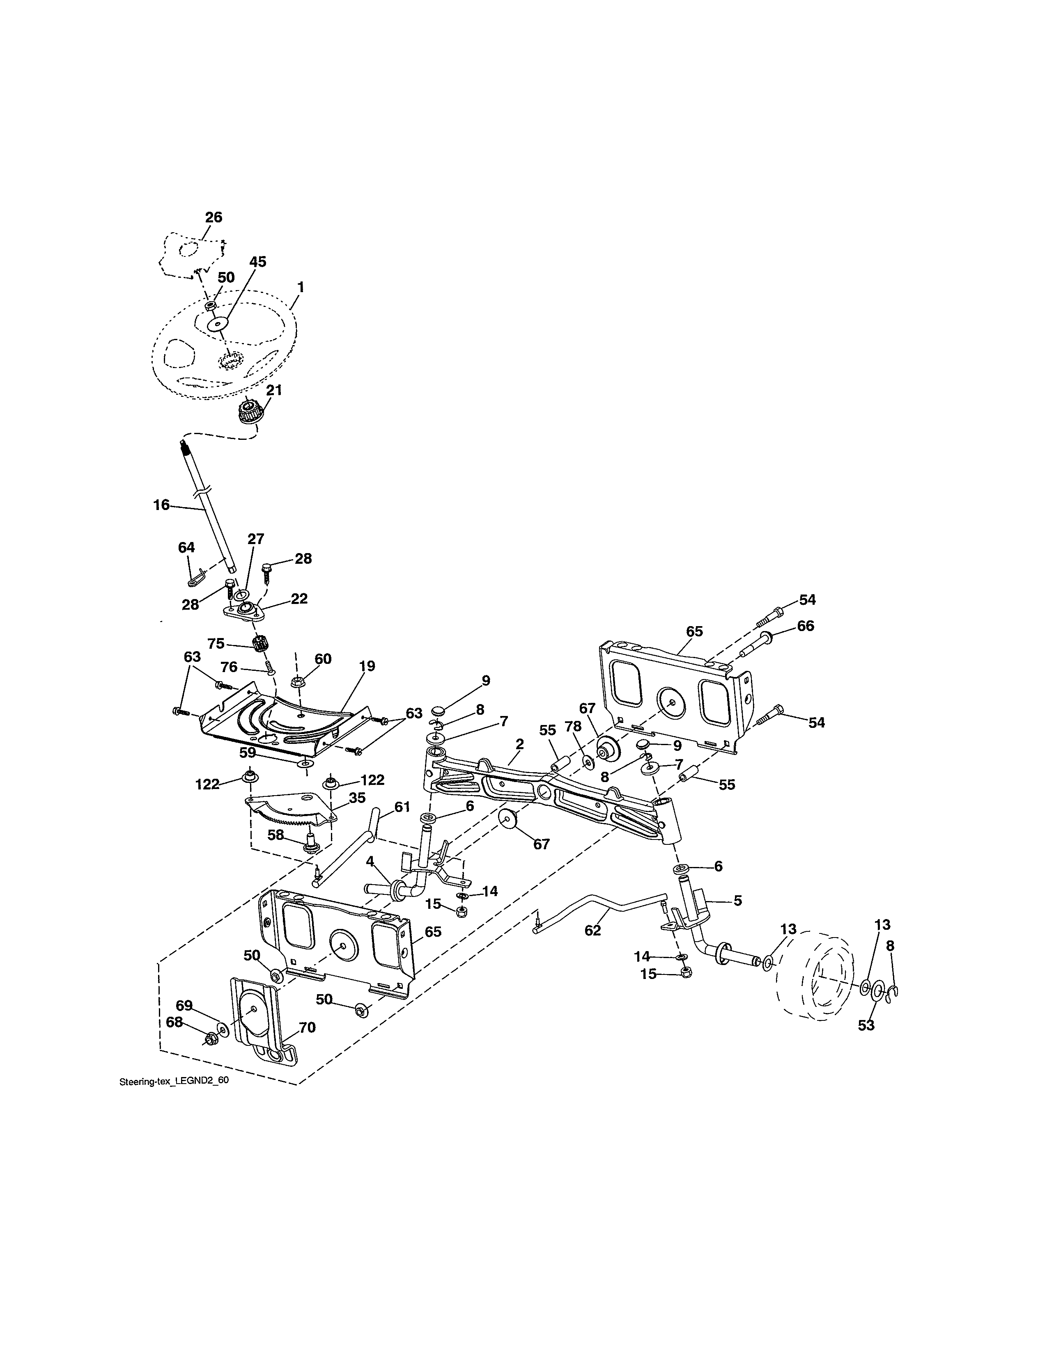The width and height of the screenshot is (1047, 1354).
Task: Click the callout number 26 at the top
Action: (x=214, y=217)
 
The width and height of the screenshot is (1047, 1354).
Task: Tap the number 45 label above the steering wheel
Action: (x=257, y=262)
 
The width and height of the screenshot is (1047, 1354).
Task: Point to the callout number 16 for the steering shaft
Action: (x=161, y=505)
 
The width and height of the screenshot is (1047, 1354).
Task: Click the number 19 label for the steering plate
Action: (x=367, y=666)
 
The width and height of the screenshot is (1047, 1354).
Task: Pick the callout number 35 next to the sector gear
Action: (x=357, y=798)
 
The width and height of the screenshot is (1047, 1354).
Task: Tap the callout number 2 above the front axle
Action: (x=519, y=743)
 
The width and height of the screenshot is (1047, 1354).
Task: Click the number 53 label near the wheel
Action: (x=866, y=1025)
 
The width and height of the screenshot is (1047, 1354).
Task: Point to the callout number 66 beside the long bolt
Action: (x=805, y=626)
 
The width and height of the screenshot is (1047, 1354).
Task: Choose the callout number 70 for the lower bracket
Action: (x=307, y=1027)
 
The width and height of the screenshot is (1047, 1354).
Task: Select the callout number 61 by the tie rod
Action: (x=402, y=807)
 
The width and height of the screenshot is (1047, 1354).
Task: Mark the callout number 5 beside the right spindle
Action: (x=737, y=901)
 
